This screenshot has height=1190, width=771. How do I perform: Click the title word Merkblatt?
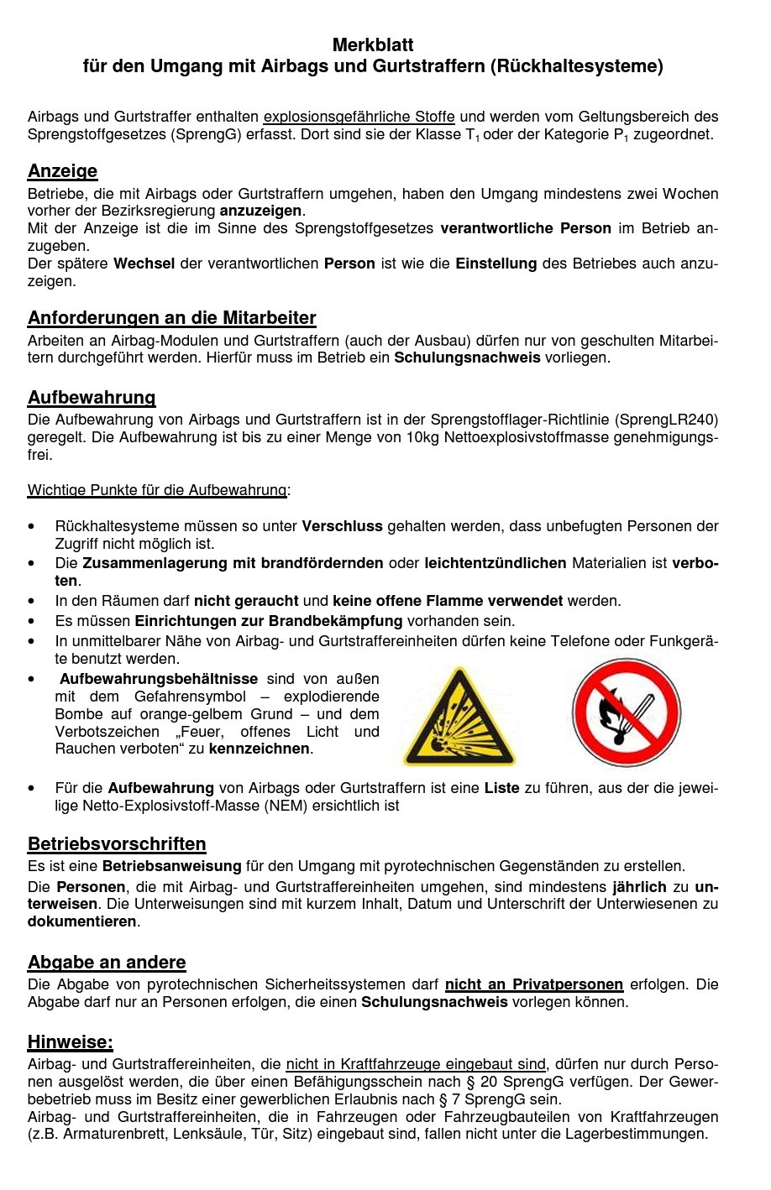point(373,44)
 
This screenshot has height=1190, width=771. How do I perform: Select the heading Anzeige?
point(62,171)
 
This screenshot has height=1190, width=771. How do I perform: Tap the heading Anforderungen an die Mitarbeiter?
point(171,318)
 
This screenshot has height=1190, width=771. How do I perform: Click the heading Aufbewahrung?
point(92,398)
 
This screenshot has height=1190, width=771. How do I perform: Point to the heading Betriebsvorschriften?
point(117,844)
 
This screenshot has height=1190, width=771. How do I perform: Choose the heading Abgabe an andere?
point(107,963)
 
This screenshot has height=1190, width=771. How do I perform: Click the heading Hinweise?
point(70,1042)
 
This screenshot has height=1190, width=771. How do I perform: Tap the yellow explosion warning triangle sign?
point(458,717)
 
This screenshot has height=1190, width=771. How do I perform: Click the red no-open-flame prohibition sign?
point(626,713)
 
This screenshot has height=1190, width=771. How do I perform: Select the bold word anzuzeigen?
point(260,211)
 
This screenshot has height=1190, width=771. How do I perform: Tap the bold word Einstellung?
point(496,264)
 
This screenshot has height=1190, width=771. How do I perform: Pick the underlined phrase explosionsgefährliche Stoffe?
point(359,117)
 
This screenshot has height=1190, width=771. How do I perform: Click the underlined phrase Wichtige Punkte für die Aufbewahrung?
point(157,490)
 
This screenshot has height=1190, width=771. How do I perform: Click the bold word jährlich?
point(639,887)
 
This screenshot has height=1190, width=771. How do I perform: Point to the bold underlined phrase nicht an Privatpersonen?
point(533,984)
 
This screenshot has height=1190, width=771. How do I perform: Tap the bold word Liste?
point(501,788)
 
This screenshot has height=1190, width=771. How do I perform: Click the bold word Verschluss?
point(342,526)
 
